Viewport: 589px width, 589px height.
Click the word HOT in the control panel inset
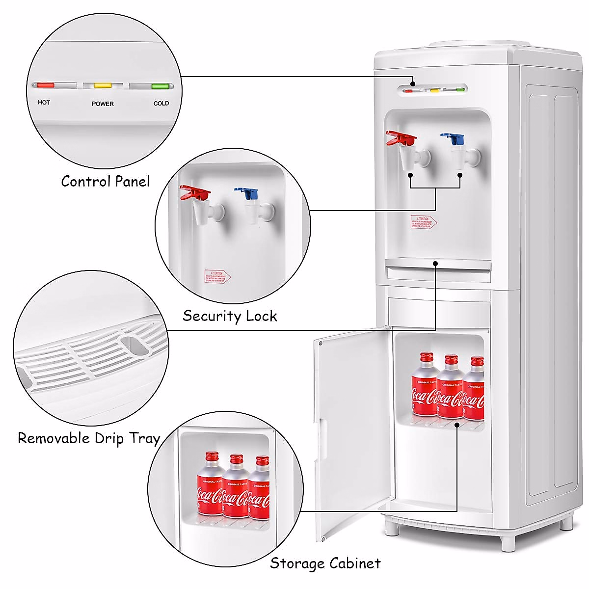[x=44, y=103]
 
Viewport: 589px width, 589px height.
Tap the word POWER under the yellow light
[x=103, y=104]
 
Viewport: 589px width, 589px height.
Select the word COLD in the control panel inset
[x=161, y=104]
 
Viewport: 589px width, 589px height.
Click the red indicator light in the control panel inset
[x=45, y=85]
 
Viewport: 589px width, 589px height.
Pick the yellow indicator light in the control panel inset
[x=103, y=85]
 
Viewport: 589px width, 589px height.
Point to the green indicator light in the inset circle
[x=160, y=86]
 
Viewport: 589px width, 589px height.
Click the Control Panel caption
[x=106, y=181]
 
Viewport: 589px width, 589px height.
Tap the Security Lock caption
[x=230, y=316]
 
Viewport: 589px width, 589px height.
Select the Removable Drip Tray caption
[x=89, y=438]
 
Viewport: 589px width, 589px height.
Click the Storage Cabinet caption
[x=325, y=563]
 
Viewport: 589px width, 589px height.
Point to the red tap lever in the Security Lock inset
[x=194, y=192]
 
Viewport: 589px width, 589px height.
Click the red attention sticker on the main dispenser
[x=423, y=221]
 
